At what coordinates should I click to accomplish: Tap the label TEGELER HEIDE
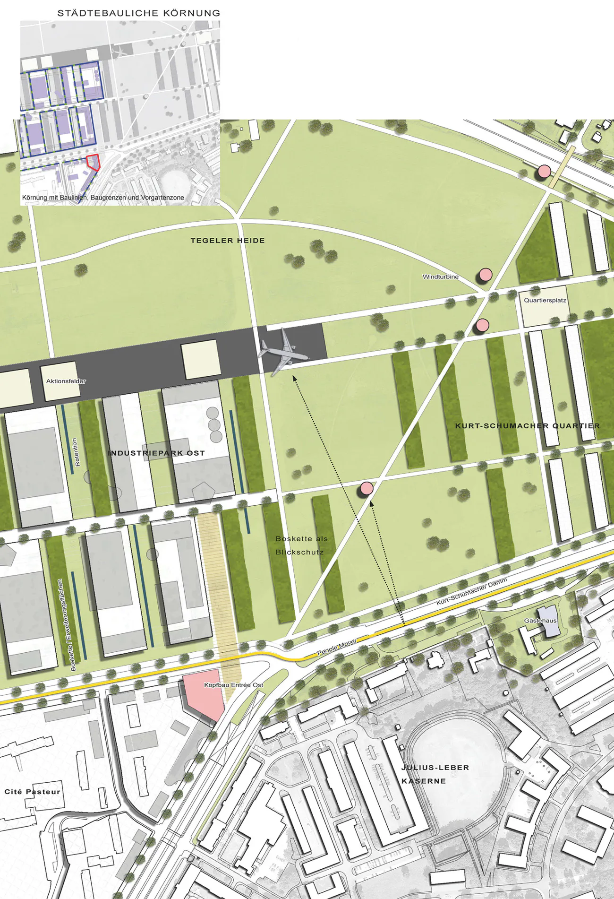pyautogui.click(x=228, y=241)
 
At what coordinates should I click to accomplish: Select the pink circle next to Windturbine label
pyautogui.click(x=486, y=274)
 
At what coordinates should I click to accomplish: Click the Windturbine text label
pyautogui.click(x=440, y=277)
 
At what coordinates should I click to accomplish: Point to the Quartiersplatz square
pyautogui.click(x=545, y=305)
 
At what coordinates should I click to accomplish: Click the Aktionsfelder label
pyautogui.click(x=66, y=381)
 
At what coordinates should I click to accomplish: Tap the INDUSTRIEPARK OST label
pyautogui.click(x=156, y=453)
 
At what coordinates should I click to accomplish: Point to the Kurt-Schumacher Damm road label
pyautogui.click(x=471, y=591)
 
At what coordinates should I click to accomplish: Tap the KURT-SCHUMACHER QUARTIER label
pyautogui.click(x=527, y=426)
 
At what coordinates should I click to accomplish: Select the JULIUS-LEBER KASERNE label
pyautogui.click(x=435, y=774)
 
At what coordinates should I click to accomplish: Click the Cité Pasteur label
pyautogui.click(x=33, y=792)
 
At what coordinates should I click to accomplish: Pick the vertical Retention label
pyautogui.click(x=77, y=452)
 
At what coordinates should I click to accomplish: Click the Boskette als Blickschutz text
pyautogui.click(x=301, y=545)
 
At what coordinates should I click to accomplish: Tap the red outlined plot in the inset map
pyautogui.click(x=94, y=162)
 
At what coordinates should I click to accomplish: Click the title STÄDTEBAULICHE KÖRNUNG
pyautogui.click(x=139, y=13)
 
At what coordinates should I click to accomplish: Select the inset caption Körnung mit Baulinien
pyautogui.click(x=103, y=198)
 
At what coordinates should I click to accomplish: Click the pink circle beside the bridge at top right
pyautogui.click(x=544, y=171)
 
